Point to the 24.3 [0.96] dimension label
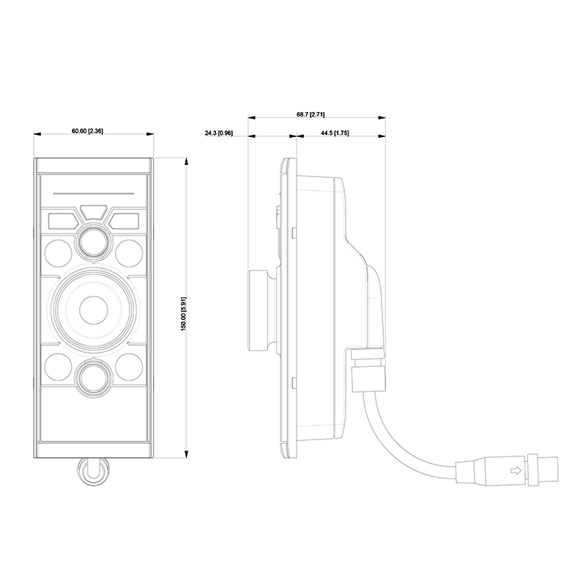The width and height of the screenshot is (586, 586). pyautogui.click(x=218, y=133)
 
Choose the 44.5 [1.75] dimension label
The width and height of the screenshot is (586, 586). pyautogui.click(x=335, y=133)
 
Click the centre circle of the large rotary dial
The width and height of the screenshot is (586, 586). pyautogui.click(x=93, y=308)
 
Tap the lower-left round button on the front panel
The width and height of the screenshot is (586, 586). pyautogui.click(x=59, y=365)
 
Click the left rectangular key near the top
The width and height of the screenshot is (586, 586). pyautogui.click(x=62, y=219)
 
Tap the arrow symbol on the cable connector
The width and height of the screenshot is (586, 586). pyautogui.click(x=515, y=470)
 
